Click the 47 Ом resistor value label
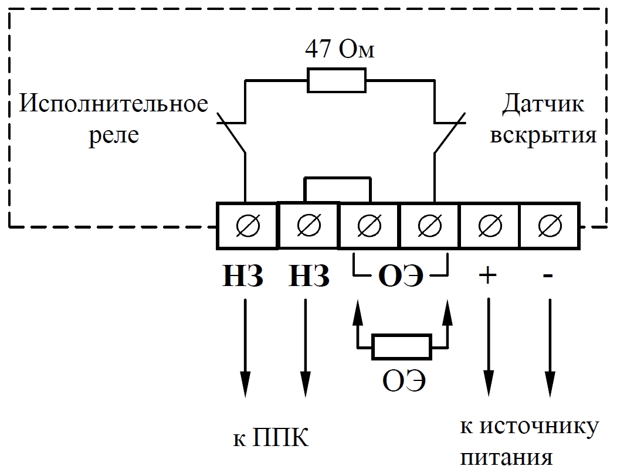pos(338,50)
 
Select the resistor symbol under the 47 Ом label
pos(337,80)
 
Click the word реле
pos(114,135)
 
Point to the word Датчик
pos(543,105)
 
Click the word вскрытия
pos(543,135)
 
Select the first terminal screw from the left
pos(247,226)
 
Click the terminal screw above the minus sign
pos(550,226)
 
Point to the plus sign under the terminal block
pos(488,275)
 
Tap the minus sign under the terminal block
pos(549,275)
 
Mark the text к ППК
pos(270,437)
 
